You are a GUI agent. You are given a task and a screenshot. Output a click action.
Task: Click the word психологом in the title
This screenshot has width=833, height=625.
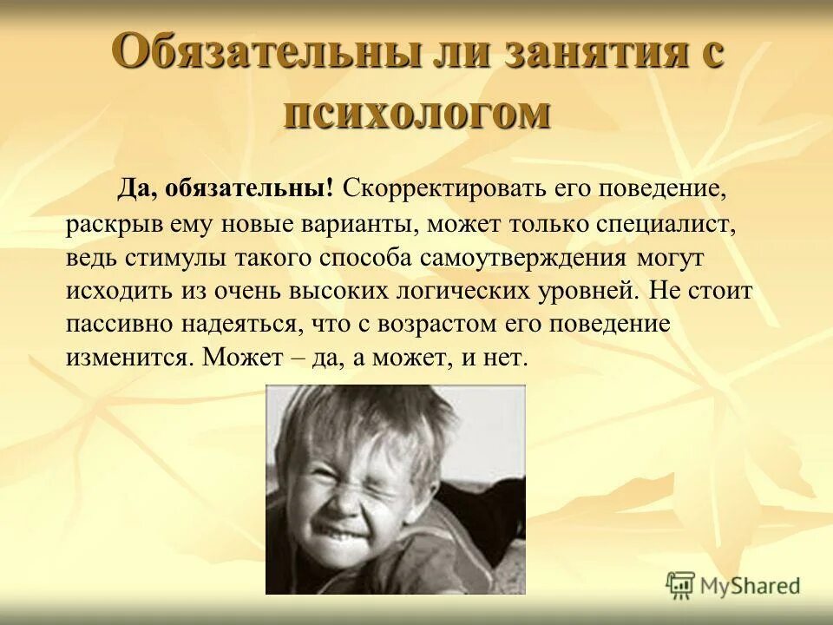click(x=416, y=113)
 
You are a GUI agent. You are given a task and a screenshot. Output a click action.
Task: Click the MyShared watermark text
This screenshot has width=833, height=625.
click(x=750, y=586)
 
